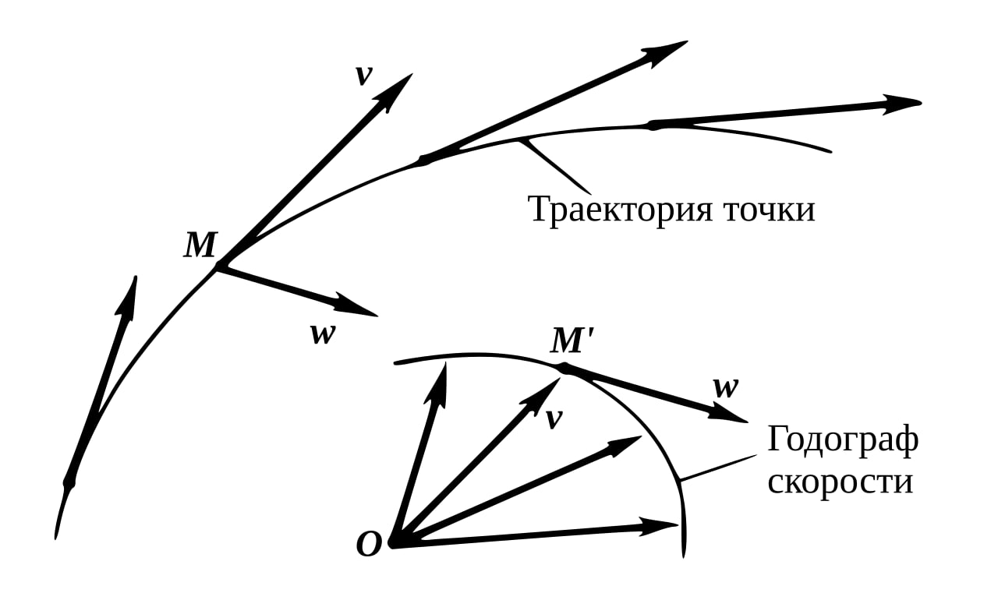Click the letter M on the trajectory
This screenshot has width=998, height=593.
[200, 246]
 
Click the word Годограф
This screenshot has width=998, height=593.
[843, 440]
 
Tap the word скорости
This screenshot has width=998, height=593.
[840, 481]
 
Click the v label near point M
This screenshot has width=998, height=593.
[363, 76]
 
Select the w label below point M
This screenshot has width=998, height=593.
[322, 334]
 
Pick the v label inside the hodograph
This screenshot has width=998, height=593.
[554, 419]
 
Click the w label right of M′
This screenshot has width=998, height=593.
[725, 387]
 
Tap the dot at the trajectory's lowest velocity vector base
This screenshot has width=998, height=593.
[69, 482]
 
